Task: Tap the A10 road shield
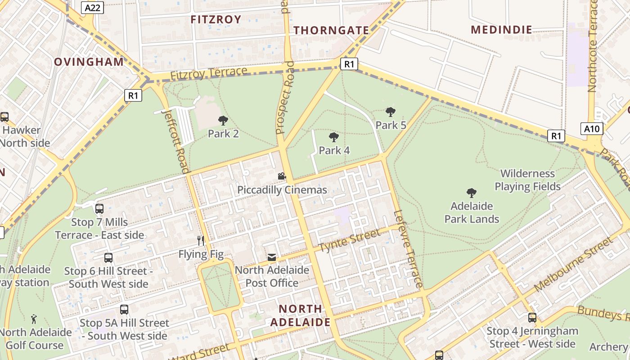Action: (591, 129)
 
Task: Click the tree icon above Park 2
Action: (223, 121)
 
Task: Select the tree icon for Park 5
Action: (391, 112)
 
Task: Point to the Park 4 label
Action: (334, 150)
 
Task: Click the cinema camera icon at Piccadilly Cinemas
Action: (282, 176)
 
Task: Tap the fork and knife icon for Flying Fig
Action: (201, 241)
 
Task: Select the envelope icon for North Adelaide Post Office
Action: (272, 257)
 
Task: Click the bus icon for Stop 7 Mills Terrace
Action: (99, 209)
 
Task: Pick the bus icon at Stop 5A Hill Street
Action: (124, 310)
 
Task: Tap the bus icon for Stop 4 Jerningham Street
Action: (532, 318)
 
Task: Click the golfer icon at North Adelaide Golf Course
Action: (34, 319)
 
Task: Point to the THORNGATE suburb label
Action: (331, 31)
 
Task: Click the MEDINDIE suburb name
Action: (501, 30)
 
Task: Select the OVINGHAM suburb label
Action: (89, 62)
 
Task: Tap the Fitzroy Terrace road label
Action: (209, 74)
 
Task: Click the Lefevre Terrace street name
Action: (408, 249)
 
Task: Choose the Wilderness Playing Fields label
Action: (527, 180)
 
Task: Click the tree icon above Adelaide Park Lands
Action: (472, 193)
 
